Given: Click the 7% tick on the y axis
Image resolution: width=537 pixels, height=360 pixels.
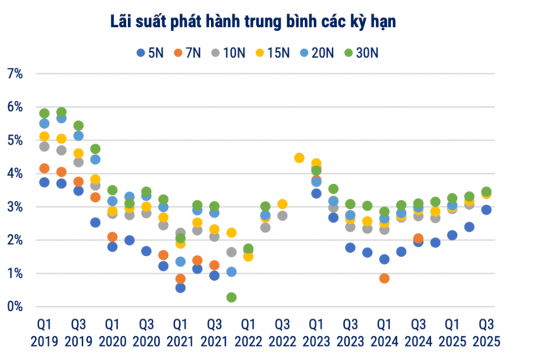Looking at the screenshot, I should [x=14, y=74].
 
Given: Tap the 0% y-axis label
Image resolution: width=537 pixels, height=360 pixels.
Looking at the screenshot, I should [x=14, y=306].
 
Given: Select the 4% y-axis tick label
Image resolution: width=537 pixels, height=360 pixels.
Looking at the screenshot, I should [x=14, y=173].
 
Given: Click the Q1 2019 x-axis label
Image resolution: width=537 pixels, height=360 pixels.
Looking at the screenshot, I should [x=44, y=333].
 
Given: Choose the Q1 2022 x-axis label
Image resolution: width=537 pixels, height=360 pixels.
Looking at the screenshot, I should [x=248, y=333].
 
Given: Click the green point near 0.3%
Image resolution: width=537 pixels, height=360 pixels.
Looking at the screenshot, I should [x=231, y=297].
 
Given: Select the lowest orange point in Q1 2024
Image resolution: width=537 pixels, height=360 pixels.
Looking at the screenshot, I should [x=384, y=278].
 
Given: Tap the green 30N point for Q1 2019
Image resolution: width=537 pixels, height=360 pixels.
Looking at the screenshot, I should [x=44, y=113].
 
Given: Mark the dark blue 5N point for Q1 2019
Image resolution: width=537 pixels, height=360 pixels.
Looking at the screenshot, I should [x=44, y=182].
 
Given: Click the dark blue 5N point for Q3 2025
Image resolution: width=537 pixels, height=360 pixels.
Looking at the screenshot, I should [x=485, y=210].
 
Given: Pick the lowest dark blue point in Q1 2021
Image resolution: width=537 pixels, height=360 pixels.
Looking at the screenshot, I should [x=180, y=287].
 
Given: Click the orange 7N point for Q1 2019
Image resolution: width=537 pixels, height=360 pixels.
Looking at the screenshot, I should [x=44, y=168].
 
